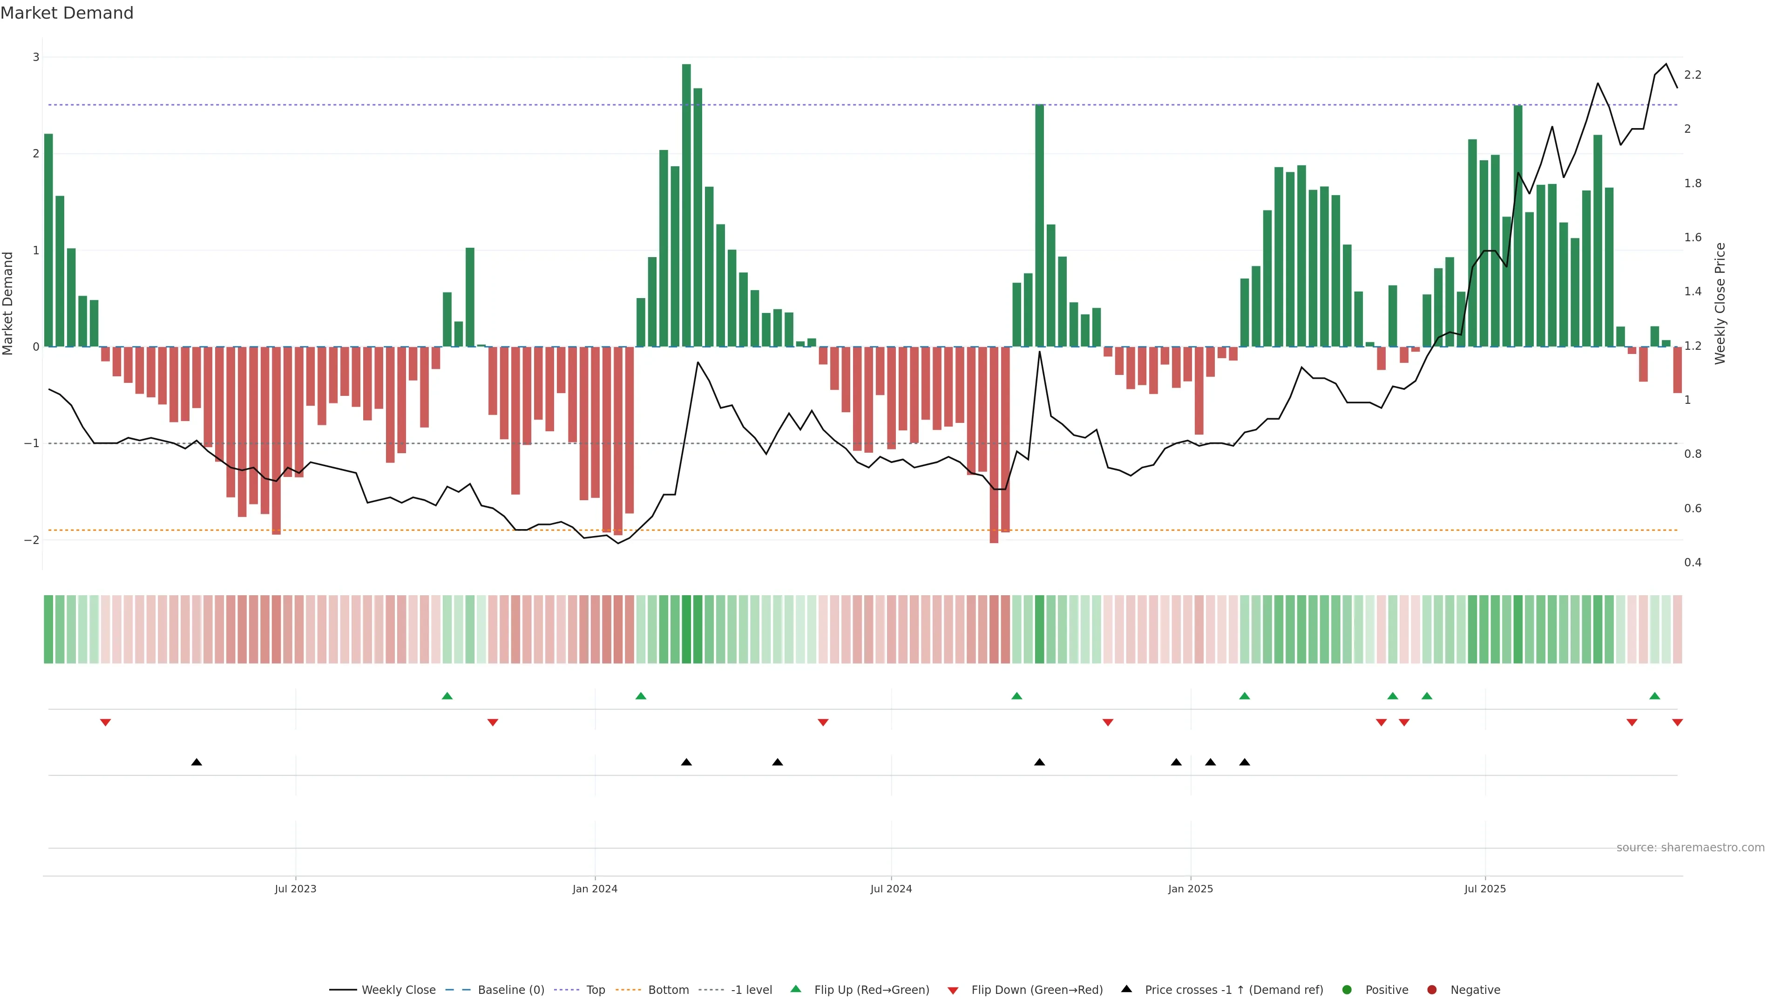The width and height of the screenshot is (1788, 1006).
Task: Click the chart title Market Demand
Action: (67, 13)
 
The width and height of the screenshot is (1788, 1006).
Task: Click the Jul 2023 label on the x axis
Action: (295, 889)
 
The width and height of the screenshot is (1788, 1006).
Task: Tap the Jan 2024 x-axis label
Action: (595, 889)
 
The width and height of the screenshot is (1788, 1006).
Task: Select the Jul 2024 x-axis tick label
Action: (891, 889)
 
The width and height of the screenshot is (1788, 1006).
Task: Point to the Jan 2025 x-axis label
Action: (1191, 889)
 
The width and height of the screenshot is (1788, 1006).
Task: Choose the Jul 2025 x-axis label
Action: (1485, 889)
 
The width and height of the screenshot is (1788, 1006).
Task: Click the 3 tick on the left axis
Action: (36, 57)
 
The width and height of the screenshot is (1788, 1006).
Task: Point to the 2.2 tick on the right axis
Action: (1693, 75)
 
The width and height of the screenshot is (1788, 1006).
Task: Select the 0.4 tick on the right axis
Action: (1693, 562)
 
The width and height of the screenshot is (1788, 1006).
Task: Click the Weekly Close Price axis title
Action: (1720, 303)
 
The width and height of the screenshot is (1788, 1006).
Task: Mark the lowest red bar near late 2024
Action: (994, 444)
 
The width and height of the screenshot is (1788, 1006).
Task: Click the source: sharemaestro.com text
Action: (1690, 848)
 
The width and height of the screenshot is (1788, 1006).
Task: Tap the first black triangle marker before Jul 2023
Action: (196, 762)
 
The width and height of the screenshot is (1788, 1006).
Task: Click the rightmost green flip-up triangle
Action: (1655, 696)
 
